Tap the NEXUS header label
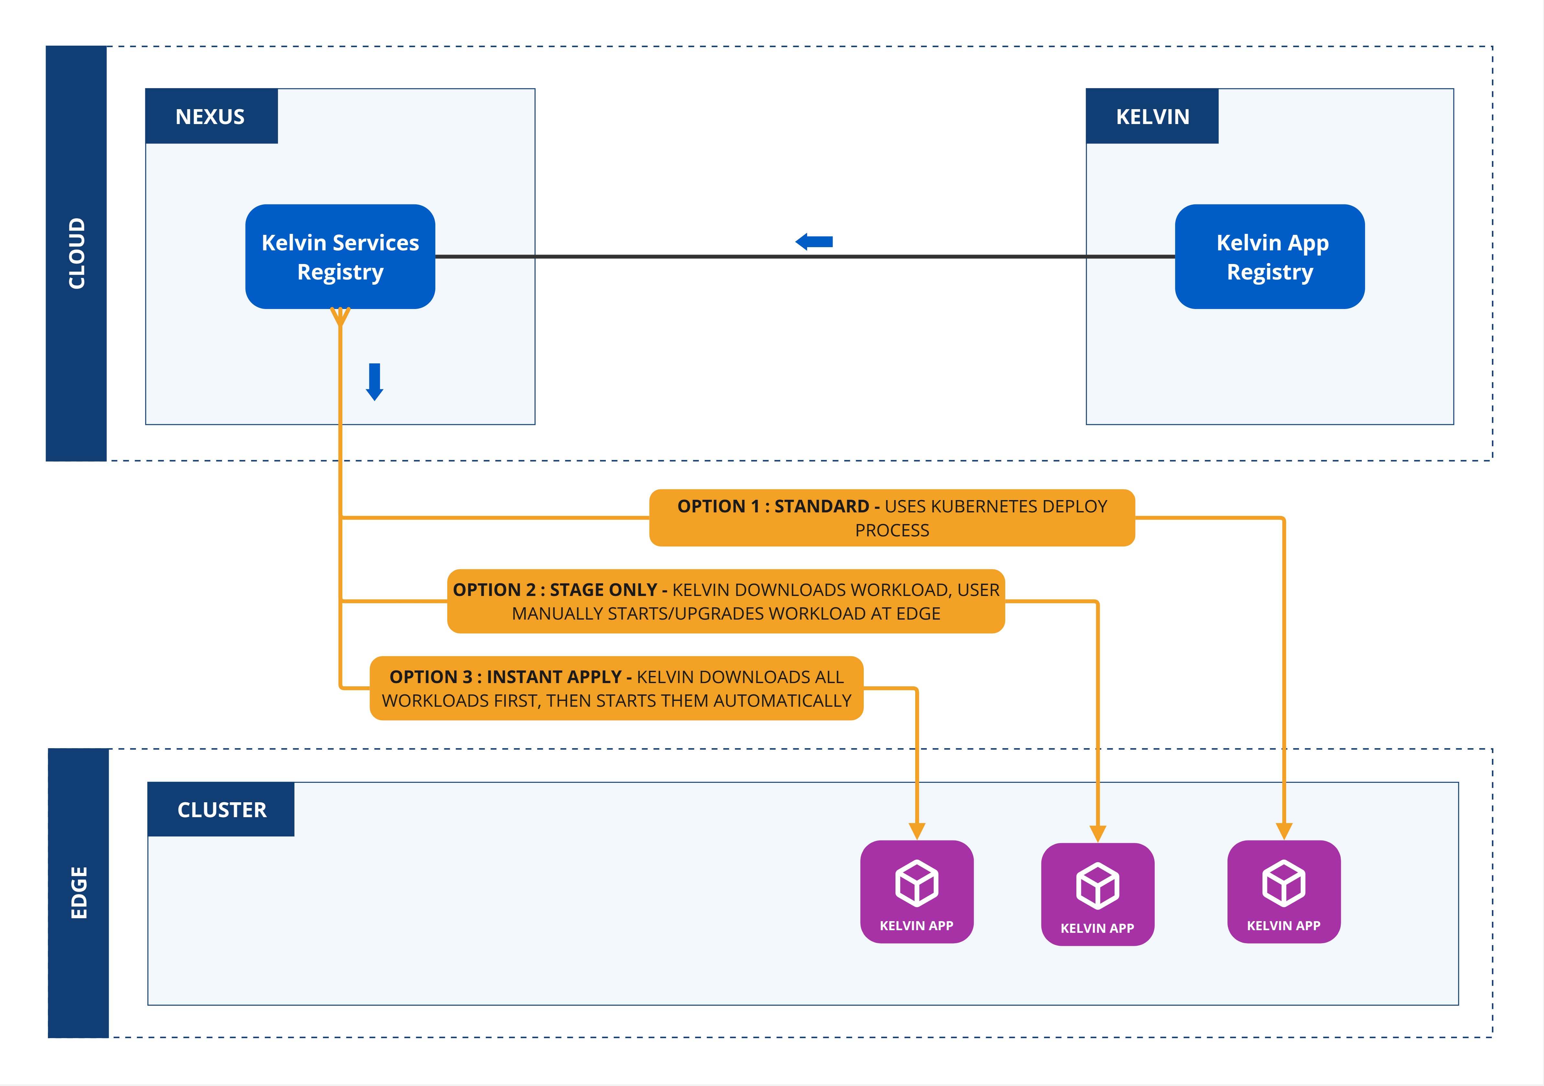click(x=210, y=116)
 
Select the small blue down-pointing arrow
click(x=374, y=382)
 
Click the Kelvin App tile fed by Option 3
click(x=916, y=892)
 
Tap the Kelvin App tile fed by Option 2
click(x=1097, y=894)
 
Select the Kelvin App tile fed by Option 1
click(x=1284, y=892)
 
